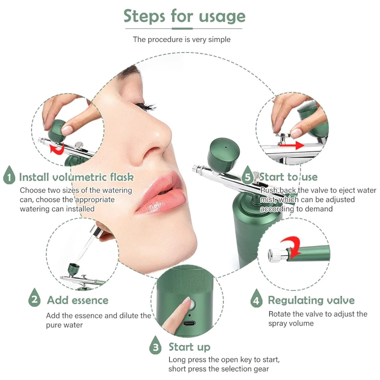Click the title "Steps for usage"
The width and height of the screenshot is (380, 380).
pos(184,16)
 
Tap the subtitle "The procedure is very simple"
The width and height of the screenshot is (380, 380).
pos(182,39)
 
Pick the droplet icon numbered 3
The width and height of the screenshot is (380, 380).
pos(155,345)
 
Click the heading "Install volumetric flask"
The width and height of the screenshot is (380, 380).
pos(76,177)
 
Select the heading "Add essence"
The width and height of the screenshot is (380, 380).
pos(78,300)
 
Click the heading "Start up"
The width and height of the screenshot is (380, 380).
pos(189,347)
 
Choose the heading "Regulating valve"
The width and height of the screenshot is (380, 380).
pos(311,301)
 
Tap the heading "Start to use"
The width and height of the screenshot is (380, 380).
pos(288,177)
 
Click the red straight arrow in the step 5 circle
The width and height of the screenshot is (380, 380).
pos(292,146)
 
